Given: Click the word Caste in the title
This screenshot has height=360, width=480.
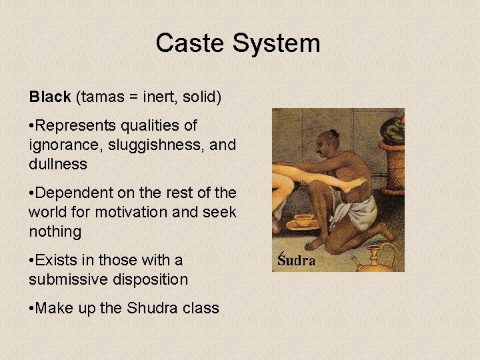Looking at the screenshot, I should pos(190,44).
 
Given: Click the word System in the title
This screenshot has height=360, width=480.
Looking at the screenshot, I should pos(276,44).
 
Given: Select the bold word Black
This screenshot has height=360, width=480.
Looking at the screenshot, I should pos(49,97).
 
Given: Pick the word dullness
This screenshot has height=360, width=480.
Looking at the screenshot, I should pos(58,164).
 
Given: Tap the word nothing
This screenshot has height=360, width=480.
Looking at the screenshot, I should pos(55,232).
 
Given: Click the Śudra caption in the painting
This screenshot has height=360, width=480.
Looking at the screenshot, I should pos(296,260).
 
